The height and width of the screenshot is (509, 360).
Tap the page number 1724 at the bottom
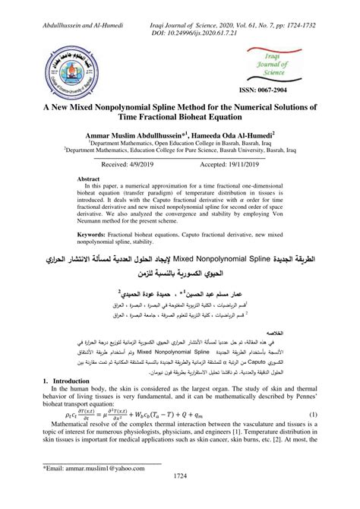pos(180,498)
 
